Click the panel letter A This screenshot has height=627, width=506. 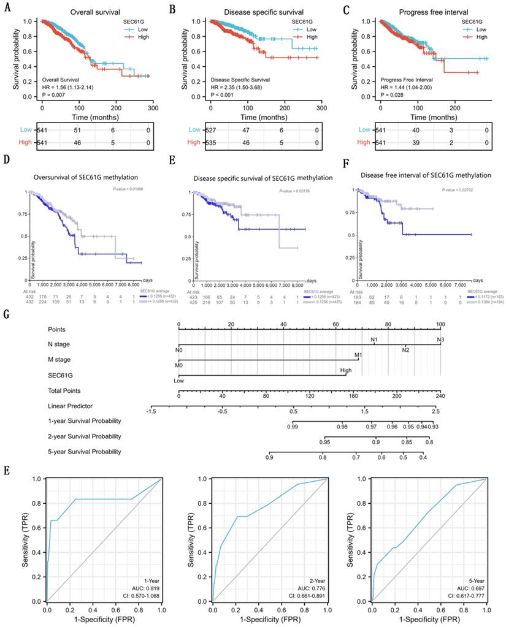point(7,9)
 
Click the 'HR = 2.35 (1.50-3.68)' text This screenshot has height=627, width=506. point(242,87)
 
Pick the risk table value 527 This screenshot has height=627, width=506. point(212,129)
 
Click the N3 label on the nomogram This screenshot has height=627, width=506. point(440,339)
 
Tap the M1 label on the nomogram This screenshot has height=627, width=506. point(359,355)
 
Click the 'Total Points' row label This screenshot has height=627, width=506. point(66,390)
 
